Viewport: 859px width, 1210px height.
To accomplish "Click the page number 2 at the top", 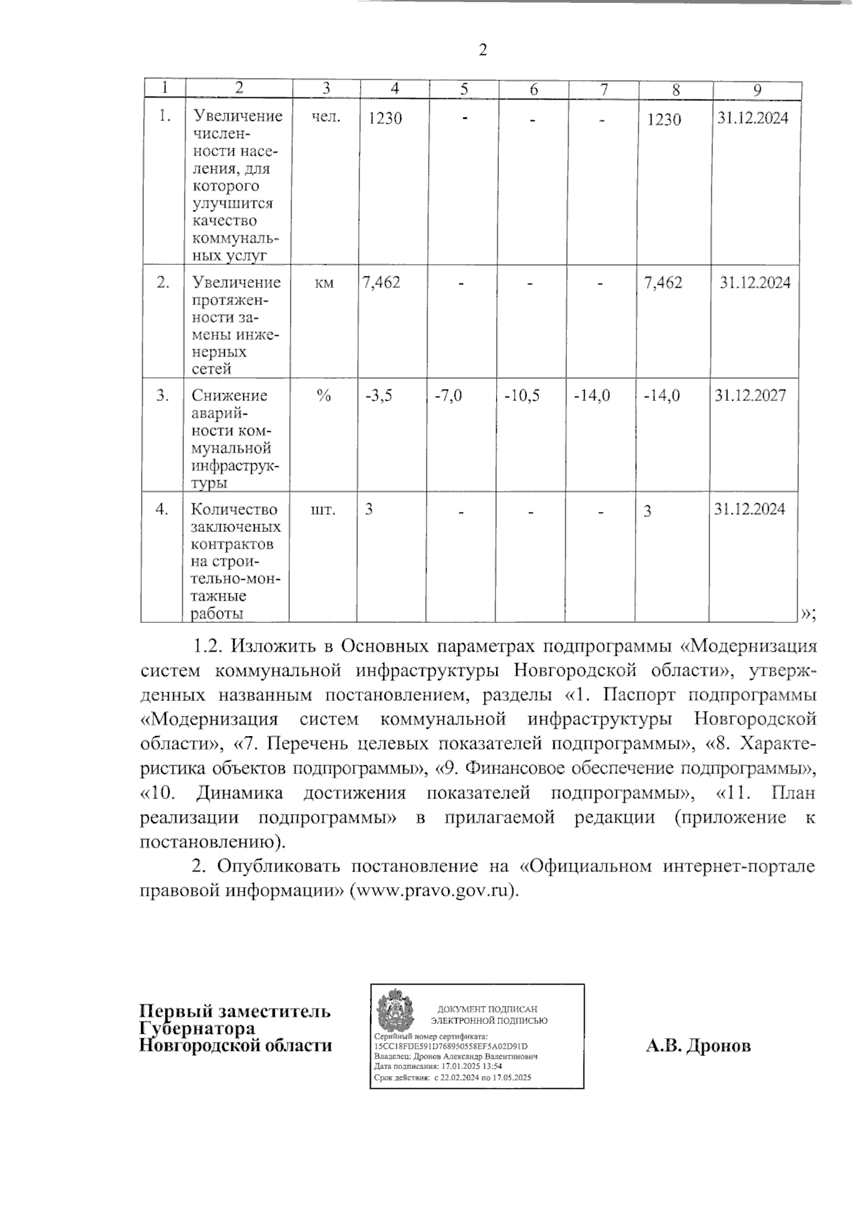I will click(482, 50).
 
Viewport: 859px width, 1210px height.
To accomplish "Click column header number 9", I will click(757, 89).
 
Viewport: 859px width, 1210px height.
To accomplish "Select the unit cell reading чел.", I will click(326, 117).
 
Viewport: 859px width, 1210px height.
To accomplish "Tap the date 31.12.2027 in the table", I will click(750, 395).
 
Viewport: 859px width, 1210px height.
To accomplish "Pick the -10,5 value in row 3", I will click(522, 395).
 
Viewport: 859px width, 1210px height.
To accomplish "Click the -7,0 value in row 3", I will click(449, 395).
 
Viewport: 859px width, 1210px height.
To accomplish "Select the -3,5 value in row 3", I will click(379, 395).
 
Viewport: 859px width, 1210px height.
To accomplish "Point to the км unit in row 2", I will click(324, 284).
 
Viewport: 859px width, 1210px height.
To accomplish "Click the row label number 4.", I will click(163, 509).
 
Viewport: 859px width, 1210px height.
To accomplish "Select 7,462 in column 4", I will click(382, 282).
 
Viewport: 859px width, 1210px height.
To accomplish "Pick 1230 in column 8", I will click(664, 120).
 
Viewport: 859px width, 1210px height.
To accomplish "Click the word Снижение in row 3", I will click(229, 395).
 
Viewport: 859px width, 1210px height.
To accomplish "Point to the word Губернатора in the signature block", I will click(198, 1028).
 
